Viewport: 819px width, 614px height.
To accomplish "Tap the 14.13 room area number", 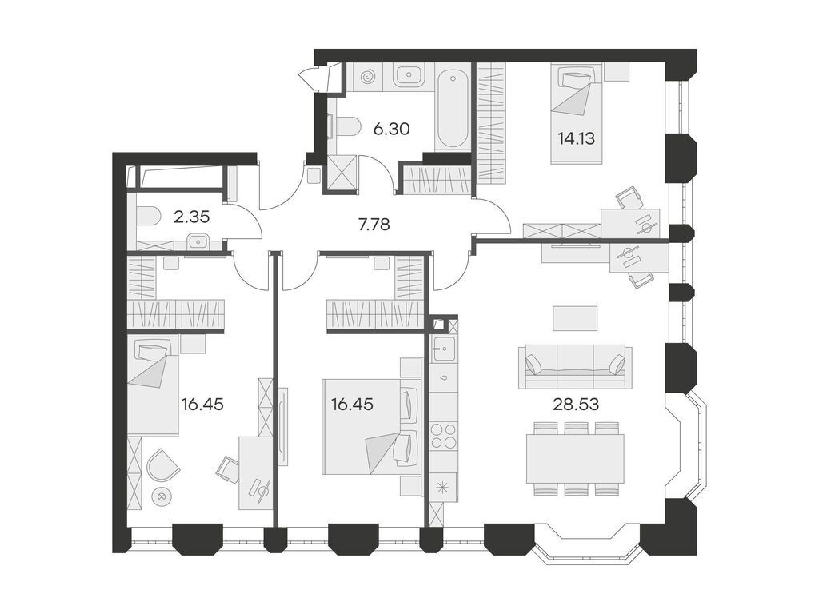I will [x=576, y=137].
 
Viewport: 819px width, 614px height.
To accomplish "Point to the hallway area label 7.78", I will [x=374, y=225].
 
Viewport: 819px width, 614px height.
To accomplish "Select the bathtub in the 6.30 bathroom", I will [x=454, y=110].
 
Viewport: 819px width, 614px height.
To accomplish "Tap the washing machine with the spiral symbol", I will [x=369, y=78].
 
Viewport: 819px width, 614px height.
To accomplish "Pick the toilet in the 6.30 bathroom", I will [x=346, y=126].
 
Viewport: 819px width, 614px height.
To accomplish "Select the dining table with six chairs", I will [x=575, y=458].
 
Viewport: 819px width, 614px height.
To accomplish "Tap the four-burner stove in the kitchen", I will [x=443, y=437].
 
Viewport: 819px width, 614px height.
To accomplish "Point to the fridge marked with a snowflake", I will [x=443, y=485].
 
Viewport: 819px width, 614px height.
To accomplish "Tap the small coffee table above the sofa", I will [x=575, y=318].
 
